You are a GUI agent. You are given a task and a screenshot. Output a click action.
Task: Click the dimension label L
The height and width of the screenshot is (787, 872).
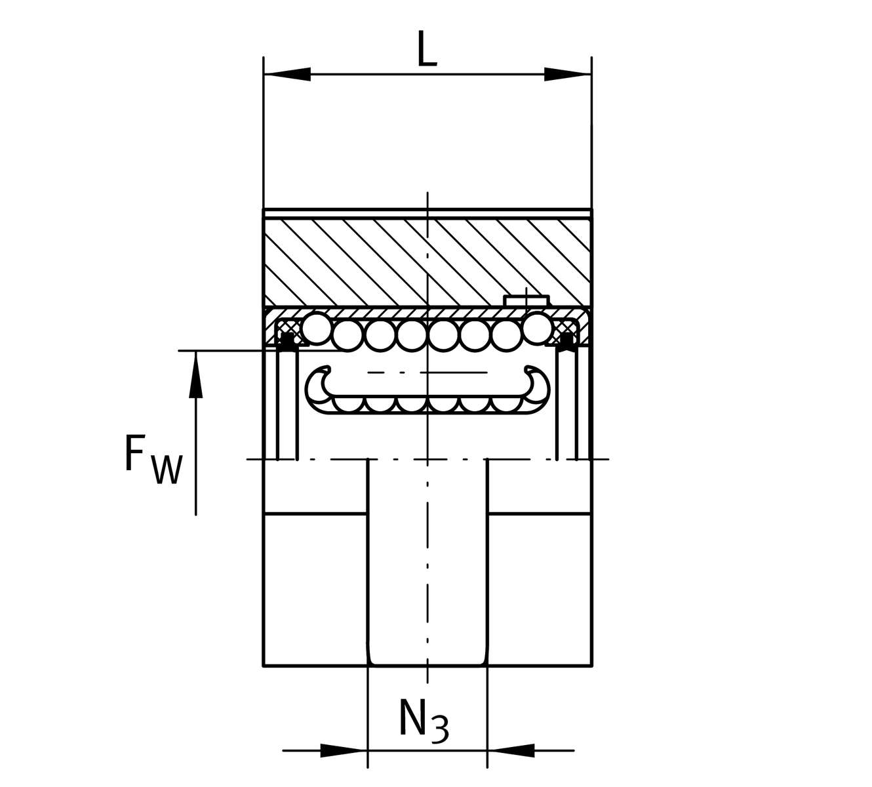tap(427, 50)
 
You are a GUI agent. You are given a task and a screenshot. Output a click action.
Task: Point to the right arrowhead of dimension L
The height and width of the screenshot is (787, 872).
tap(568, 74)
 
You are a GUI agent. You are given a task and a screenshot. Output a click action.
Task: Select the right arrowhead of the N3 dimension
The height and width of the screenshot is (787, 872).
tap(511, 750)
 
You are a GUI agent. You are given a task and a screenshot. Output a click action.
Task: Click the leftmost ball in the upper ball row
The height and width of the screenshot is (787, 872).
tap(317, 329)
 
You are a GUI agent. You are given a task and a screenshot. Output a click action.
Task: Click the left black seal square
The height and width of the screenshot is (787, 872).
tap(287, 340)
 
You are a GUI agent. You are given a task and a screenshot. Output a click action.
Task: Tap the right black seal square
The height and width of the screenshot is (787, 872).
tap(567, 340)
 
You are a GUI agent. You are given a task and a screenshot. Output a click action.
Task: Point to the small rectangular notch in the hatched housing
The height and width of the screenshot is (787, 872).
tap(526, 300)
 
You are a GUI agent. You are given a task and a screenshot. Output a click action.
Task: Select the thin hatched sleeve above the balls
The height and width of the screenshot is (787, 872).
tap(393, 312)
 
